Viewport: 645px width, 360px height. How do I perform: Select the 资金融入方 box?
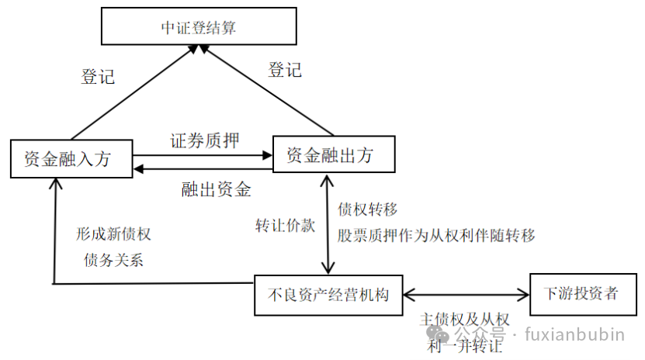[71, 159]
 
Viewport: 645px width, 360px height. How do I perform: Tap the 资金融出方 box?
[333, 154]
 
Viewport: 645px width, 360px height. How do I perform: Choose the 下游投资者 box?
[581, 293]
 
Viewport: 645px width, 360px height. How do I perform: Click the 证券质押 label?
[204, 140]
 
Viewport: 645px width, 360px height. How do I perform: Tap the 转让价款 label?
[286, 226]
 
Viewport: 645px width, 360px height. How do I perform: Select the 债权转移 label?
[368, 209]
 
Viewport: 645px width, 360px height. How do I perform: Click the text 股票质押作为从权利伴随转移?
[436, 235]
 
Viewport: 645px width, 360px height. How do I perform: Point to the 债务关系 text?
[113, 260]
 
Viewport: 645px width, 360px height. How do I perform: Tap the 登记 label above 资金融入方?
[98, 76]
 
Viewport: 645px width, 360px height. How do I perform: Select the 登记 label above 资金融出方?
[284, 69]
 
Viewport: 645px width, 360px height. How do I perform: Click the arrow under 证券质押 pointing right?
[203, 156]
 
